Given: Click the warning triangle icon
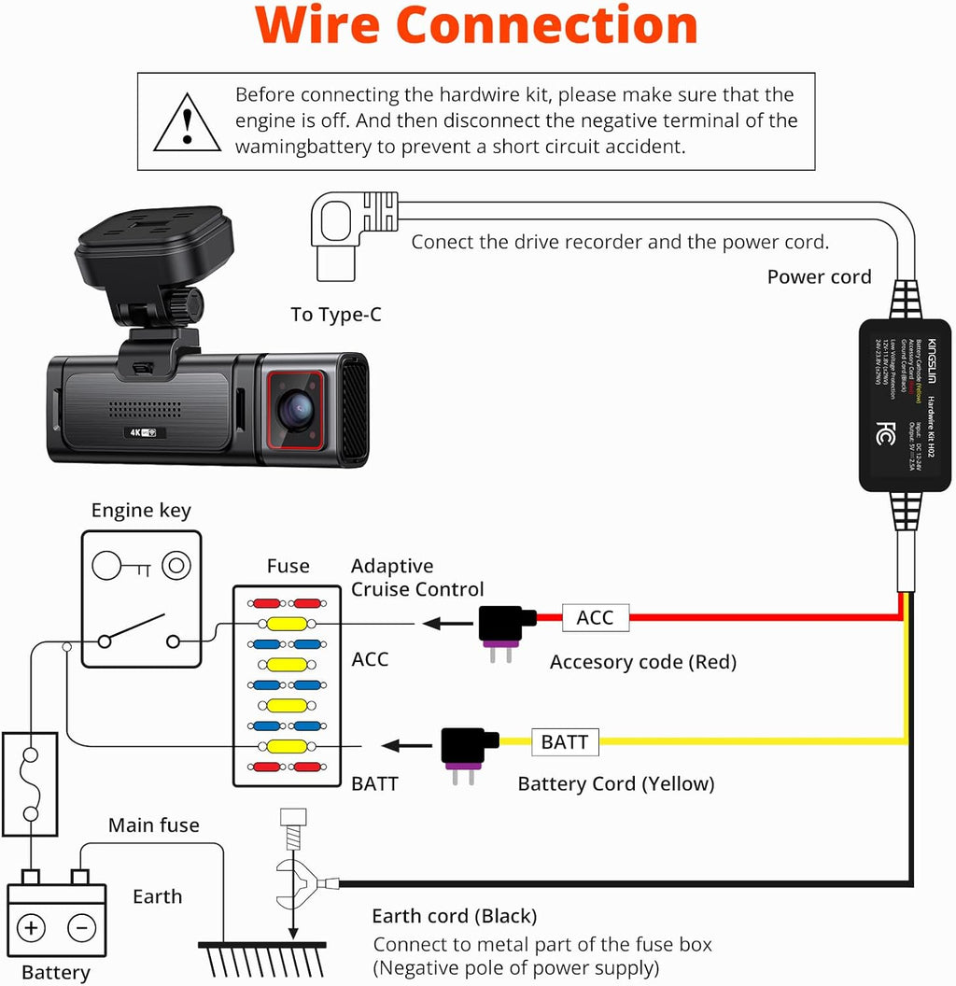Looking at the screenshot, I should point(188,123).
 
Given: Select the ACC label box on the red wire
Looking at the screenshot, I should point(595,617).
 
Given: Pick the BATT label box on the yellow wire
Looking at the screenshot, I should point(565,742).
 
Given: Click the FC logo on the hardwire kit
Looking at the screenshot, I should point(884,434).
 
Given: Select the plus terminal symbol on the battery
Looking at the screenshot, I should point(32,927).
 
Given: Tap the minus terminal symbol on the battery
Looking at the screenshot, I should point(81,927).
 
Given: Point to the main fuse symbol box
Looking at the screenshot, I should point(31,782).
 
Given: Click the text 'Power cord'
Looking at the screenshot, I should point(819,277).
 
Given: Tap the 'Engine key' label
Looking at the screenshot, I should point(141,510).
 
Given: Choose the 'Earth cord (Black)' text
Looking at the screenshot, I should point(454,916).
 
